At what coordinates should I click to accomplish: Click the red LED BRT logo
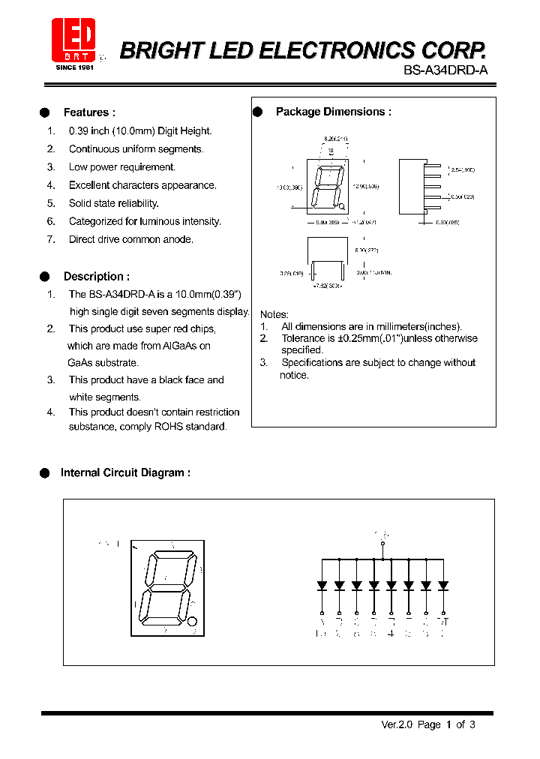pos(73,40)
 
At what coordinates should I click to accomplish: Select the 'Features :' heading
pos(89,112)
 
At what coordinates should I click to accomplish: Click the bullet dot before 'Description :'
pos(44,277)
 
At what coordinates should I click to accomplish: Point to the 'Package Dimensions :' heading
pos(333,112)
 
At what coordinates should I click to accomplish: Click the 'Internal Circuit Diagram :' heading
pos(125,472)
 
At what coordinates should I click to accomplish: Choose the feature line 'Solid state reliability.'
pos(113,203)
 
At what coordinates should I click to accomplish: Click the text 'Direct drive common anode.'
pos(130,239)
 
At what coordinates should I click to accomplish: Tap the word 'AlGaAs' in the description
pos(186,346)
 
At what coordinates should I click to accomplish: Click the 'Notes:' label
pos(274,314)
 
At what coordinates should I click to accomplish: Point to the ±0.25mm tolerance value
pos(356,338)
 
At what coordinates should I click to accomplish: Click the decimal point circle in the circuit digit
pos(192,621)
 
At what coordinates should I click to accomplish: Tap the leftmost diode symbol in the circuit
pos(322,585)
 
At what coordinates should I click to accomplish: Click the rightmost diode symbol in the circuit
pos(443,585)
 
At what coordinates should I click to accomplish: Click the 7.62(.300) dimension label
pos(327,286)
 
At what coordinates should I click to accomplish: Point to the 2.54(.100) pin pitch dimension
pos(463,170)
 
